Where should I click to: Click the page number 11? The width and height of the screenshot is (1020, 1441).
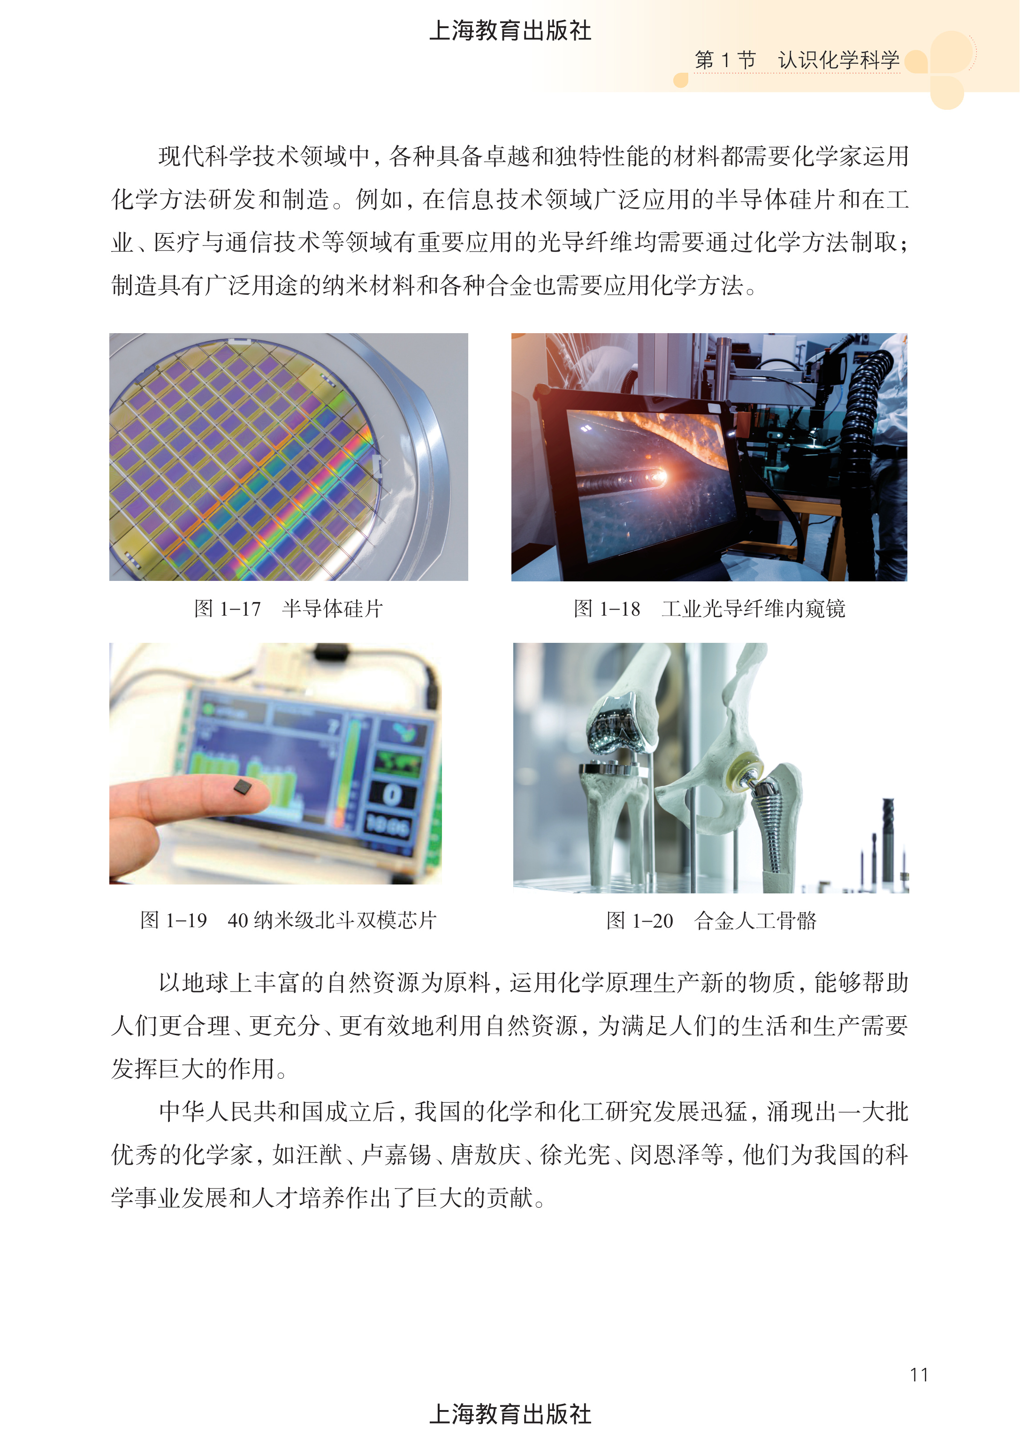919,1375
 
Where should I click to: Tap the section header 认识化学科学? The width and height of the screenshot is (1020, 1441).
838,61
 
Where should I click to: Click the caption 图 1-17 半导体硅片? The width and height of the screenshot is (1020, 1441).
288,608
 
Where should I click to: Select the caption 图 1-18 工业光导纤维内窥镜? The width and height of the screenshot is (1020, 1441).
709,608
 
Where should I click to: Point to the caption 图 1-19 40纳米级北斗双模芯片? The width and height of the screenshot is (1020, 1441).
288,920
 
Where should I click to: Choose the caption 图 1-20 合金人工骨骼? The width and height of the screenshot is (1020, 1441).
711,920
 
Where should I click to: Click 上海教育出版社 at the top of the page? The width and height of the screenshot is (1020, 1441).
510,30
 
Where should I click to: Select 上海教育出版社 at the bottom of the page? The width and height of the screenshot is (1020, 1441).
510,1414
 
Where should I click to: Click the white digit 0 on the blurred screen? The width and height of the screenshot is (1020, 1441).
392,794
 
